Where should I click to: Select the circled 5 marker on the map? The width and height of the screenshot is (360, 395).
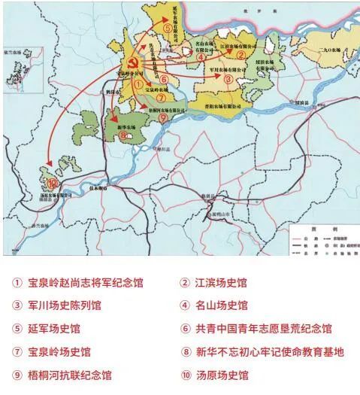click(168, 29)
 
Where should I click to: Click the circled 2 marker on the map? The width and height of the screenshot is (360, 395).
click(241, 54)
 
